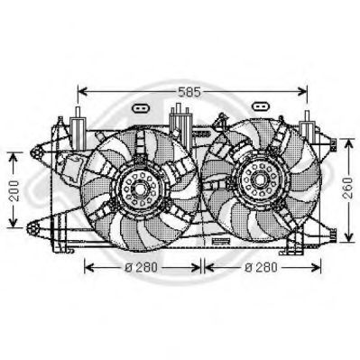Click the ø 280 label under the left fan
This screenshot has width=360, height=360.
coord(143,267)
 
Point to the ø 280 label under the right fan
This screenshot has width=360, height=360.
coord(262,267)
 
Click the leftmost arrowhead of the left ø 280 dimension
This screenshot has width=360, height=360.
coord(87,267)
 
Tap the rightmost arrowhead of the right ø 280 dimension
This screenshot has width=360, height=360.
coord(317,267)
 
